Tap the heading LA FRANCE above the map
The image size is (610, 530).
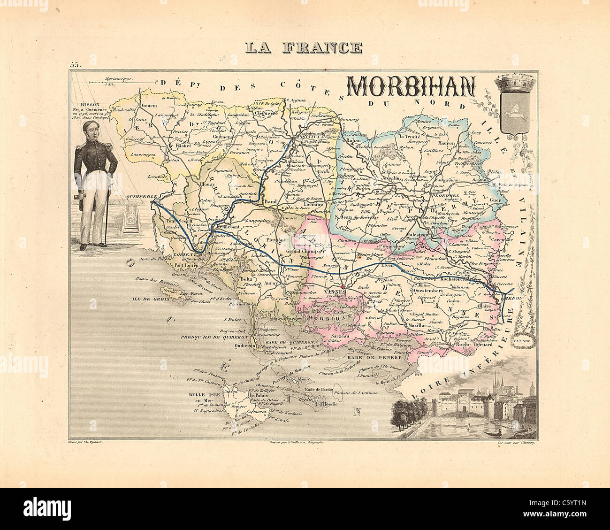click(304, 47)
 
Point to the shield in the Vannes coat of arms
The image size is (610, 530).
click(515, 114)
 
